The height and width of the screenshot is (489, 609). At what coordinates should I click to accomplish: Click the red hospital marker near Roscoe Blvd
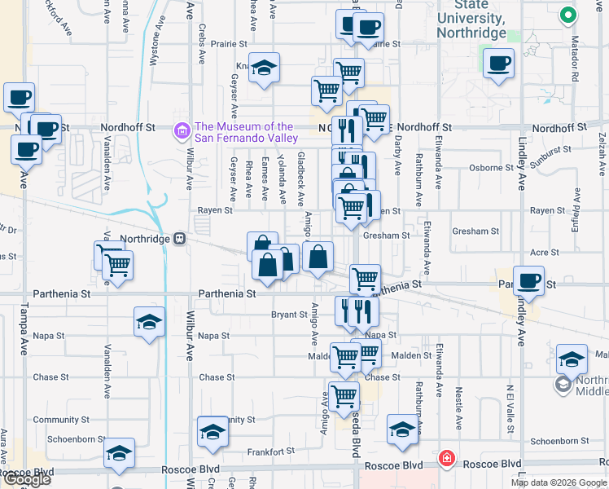coord(446,459)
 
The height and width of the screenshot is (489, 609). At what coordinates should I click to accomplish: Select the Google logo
coord(26,479)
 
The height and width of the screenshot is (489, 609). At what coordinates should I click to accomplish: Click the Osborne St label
coord(491,168)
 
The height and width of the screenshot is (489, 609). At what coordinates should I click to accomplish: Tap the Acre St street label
coord(545,253)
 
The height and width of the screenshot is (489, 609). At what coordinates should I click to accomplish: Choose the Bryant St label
coord(289,315)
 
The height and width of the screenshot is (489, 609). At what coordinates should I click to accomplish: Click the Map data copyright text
coord(558,482)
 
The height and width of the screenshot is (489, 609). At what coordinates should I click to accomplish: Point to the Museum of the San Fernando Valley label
coord(244,132)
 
